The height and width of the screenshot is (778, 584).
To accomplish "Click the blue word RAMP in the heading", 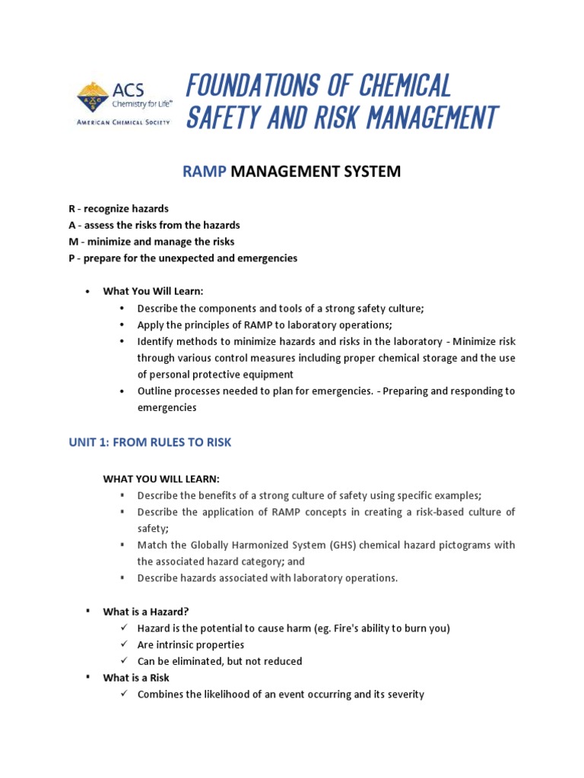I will point(205,172).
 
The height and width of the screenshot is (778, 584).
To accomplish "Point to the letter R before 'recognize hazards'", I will point(72,209).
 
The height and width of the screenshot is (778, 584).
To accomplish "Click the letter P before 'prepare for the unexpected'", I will point(71,258).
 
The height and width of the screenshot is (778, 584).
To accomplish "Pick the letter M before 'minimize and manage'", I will point(73,242).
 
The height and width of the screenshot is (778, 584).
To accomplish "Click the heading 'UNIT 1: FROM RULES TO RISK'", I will point(151,443).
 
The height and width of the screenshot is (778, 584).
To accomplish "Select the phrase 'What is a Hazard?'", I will point(146,612).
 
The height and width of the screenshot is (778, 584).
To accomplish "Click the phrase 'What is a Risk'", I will point(136,678).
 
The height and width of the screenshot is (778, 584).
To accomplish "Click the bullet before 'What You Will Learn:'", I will point(88,292).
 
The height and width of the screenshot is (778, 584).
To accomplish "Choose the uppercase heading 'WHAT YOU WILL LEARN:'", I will point(161,479).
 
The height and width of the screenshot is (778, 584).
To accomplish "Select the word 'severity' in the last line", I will point(403,694).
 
